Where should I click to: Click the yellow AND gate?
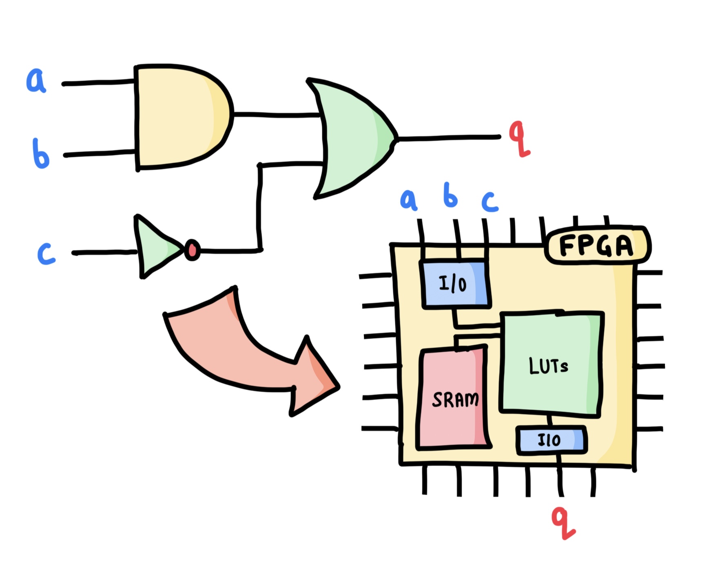(x=179, y=116)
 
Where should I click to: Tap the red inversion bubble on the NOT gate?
(x=192, y=250)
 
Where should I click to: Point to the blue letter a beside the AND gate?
(x=36, y=80)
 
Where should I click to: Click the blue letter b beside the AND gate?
(x=40, y=154)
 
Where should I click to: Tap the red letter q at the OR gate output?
(x=519, y=139)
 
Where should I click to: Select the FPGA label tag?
(x=597, y=245)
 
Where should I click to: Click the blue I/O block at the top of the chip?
(x=455, y=284)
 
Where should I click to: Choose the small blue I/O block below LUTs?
(x=551, y=440)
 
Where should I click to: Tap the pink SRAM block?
(x=453, y=398)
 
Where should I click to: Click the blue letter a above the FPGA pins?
(x=408, y=200)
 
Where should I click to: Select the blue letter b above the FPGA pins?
(x=450, y=195)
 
